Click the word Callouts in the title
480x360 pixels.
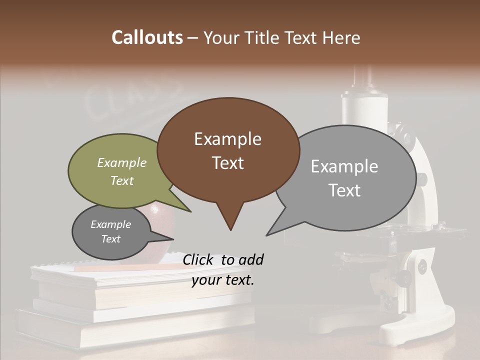147,37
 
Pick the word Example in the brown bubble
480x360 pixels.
227,139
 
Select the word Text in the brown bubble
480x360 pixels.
228,163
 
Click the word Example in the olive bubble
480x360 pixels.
122,163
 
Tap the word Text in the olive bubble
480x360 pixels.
122,181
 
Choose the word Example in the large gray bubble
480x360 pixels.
344,166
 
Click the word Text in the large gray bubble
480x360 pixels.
344,190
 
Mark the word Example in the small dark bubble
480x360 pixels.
110,224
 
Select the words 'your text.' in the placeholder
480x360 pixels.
223,280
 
